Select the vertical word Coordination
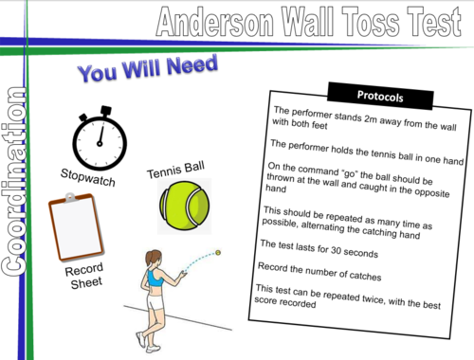coord(17,180)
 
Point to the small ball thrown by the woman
coord(218,252)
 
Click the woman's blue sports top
coord(155,280)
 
